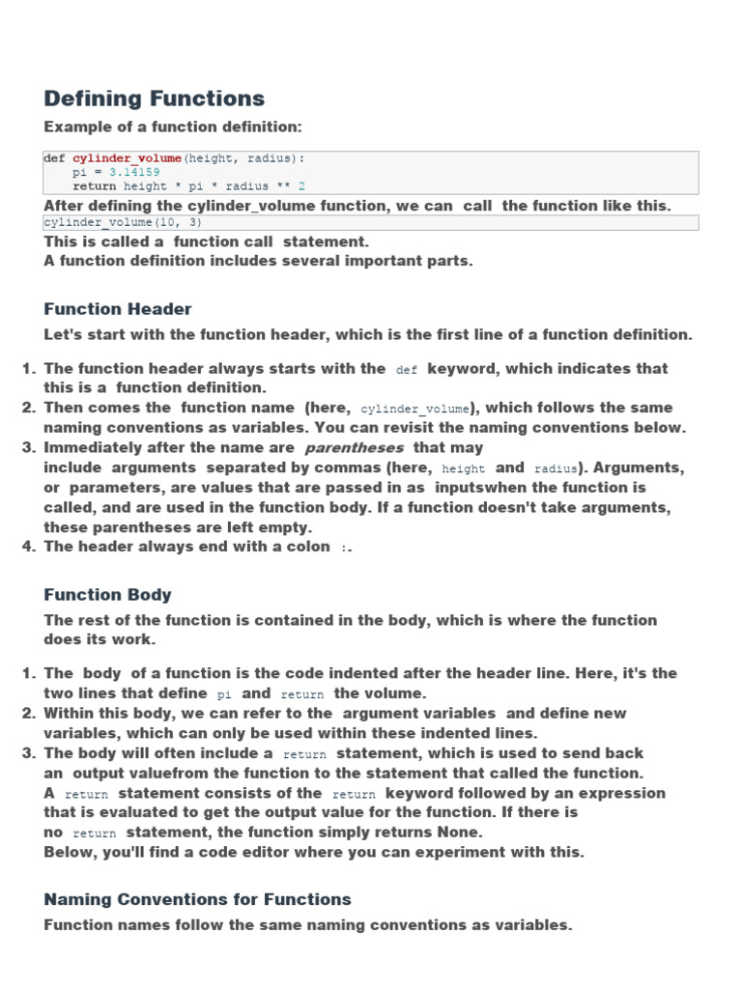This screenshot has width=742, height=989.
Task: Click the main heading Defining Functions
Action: coord(155,99)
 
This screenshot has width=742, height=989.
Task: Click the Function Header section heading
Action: coord(118,309)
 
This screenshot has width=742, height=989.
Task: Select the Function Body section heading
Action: coord(108,595)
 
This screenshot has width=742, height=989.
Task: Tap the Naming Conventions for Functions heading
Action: coord(197,899)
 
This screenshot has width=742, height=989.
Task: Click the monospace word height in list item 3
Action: coord(463,468)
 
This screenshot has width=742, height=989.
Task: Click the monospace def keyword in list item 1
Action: coord(407,370)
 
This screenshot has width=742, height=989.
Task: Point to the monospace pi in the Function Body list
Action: coord(224,694)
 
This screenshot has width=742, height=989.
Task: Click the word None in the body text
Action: coord(459,832)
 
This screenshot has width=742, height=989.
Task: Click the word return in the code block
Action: coord(94,185)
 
